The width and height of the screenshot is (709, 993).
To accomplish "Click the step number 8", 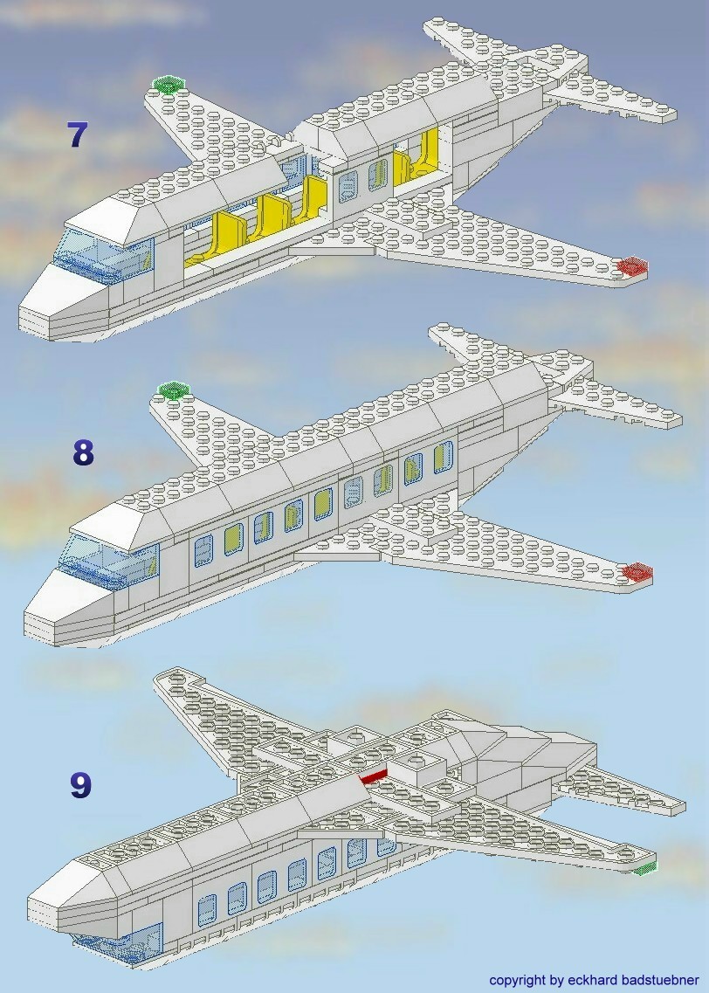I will coord(83,452).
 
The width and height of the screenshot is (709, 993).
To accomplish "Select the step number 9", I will coord(80,784).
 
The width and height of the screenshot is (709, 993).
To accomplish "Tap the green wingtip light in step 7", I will coord(169,84).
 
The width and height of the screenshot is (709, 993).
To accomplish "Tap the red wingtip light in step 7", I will coord(631,265).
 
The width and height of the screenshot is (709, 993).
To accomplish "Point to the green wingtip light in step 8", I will coord(173,389).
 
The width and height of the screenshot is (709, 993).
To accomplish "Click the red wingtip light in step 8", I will coord(637,572).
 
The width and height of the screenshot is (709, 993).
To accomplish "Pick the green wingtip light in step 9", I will coord(644,867).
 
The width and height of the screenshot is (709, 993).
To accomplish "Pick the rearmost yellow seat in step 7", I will coord(427,152).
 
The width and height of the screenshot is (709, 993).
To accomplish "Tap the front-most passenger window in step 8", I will coord(203,550).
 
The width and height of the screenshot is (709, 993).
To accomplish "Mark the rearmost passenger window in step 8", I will coord(444,456).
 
